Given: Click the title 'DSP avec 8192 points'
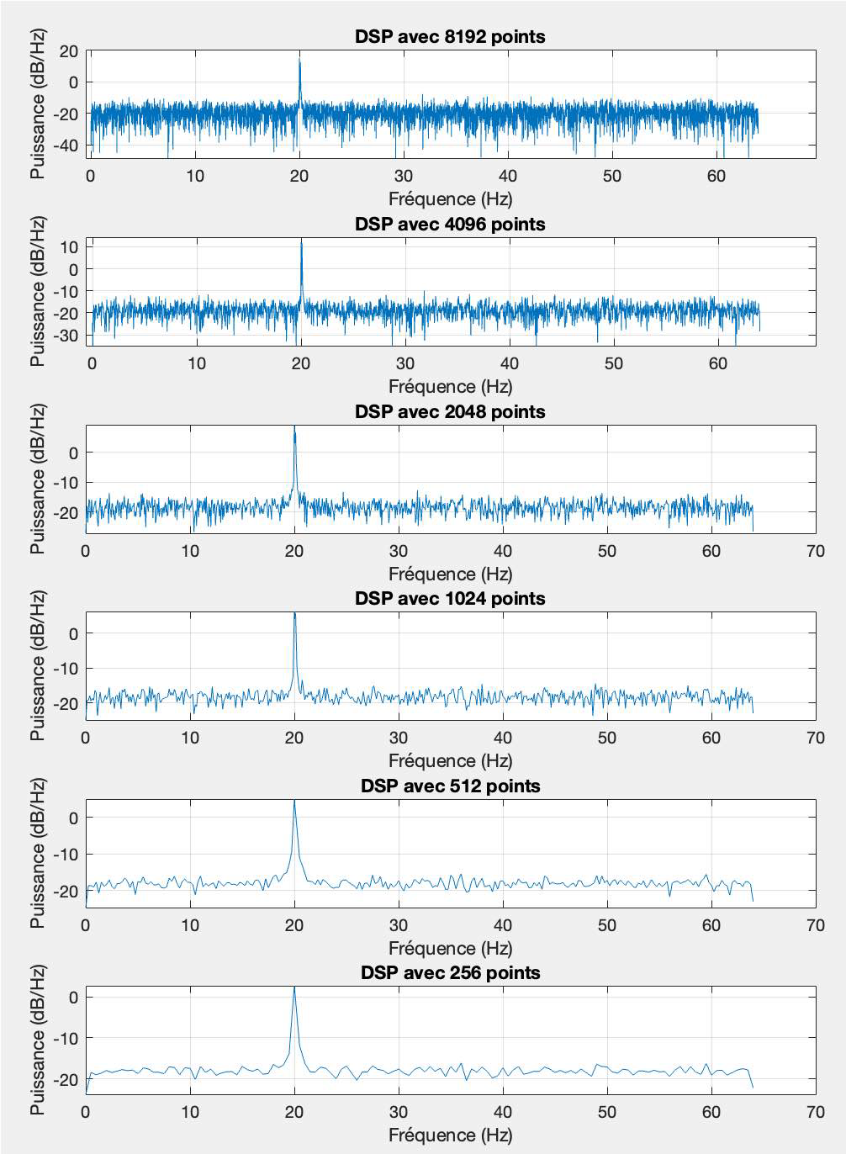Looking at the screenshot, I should [x=450, y=37].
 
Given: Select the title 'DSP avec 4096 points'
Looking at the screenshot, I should [x=450, y=225].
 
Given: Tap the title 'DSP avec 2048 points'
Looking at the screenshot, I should [x=450, y=412].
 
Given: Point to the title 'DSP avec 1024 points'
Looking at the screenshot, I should [x=450, y=599].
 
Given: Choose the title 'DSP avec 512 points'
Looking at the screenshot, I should [x=450, y=786].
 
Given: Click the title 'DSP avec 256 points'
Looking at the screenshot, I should [x=450, y=973].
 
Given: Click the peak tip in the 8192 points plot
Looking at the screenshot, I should [x=299, y=58].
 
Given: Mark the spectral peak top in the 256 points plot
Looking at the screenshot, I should [x=294, y=987].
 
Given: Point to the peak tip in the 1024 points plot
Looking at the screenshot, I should [x=294, y=613].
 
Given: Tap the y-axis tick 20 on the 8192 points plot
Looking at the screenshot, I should [x=68, y=51].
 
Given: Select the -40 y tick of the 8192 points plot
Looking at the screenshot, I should [x=65, y=146].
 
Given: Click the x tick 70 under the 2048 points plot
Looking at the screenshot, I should [x=815, y=551].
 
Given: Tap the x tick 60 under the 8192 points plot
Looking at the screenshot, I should [x=716, y=176].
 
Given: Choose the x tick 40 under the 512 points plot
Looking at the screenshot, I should [x=503, y=925].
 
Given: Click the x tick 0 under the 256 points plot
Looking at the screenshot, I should [x=86, y=1112].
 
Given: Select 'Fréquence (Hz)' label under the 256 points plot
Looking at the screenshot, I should [x=450, y=1135].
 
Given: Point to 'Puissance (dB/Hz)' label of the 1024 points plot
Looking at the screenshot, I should [x=38, y=665].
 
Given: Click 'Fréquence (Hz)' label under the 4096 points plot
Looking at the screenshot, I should [x=450, y=387].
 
